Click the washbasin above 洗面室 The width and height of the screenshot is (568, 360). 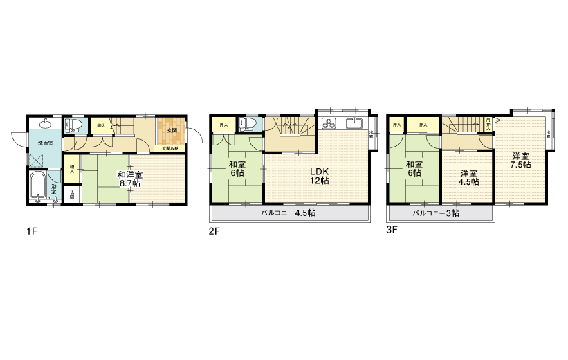click(x=44, y=123)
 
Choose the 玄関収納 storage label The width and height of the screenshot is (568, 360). click(x=170, y=148)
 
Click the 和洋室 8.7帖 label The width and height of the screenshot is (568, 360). click(x=129, y=179)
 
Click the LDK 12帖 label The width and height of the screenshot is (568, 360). click(x=318, y=176)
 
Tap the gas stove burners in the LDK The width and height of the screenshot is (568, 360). click(x=329, y=125)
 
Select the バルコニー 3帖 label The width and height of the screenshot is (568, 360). click(x=435, y=213)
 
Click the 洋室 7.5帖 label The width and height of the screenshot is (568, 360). click(x=521, y=160)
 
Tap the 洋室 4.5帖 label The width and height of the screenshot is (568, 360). click(x=468, y=178)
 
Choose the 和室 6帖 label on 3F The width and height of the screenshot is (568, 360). click(x=414, y=169)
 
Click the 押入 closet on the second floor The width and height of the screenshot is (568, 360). click(x=223, y=125)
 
